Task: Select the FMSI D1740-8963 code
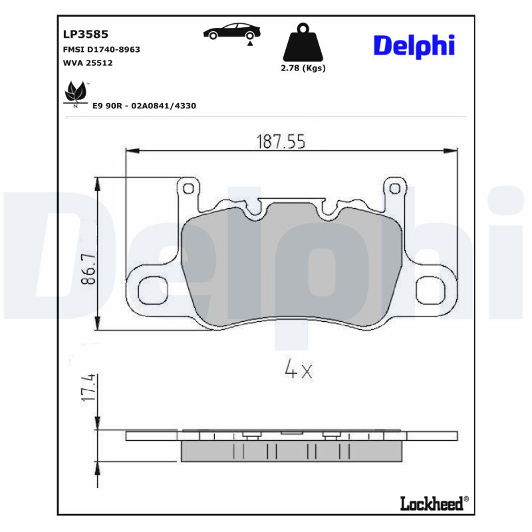(x=101, y=49)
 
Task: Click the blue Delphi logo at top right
(x=414, y=45)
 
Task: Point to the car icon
(x=232, y=31)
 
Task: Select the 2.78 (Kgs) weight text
(x=304, y=68)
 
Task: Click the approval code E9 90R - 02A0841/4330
(x=144, y=106)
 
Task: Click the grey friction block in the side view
(x=291, y=452)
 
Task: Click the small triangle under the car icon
(x=249, y=43)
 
